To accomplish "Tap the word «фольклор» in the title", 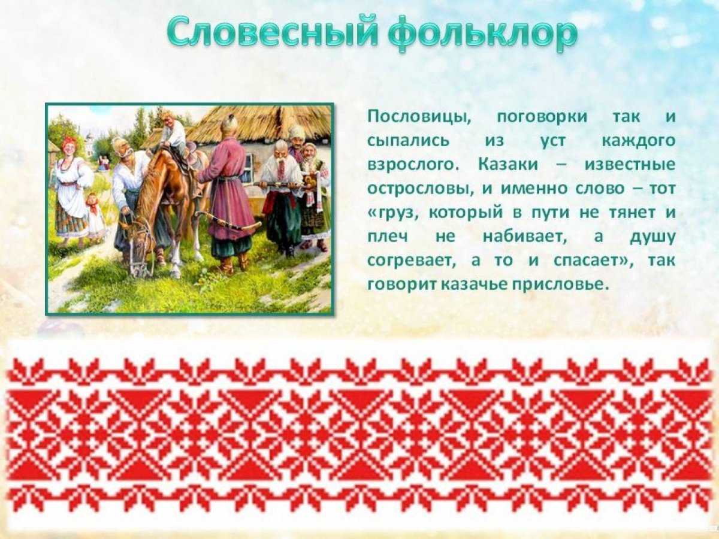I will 482,35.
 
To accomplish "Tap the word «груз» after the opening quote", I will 395,212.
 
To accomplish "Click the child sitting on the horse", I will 173,132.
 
